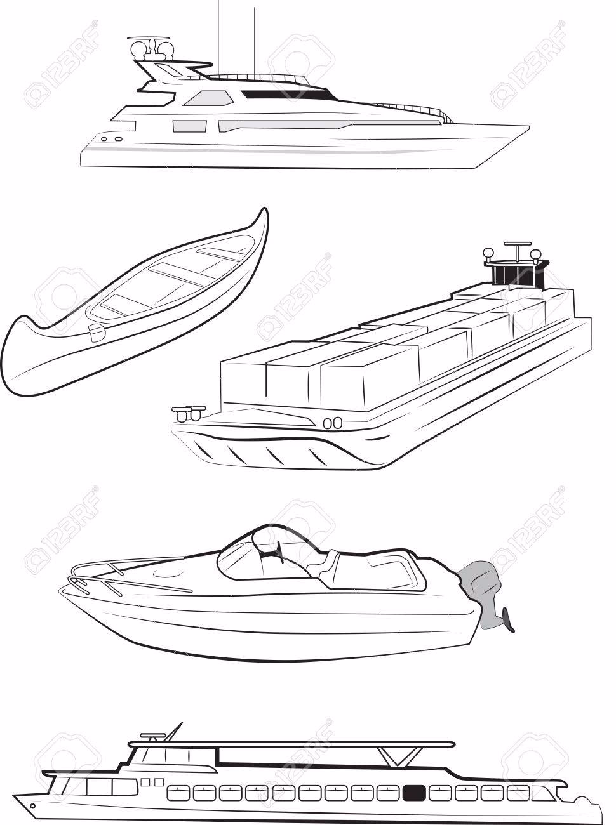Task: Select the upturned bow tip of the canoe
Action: pyautogui.click(x=264, y=211)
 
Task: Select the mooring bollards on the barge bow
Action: pyautogui.click(x=189, y=412)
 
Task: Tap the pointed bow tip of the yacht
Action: pyautogui.click(x=529, y=128)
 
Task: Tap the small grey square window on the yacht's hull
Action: pyautogui.click(x=189, y=126)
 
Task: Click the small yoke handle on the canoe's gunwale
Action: pyautogui.click(x=97, y=331)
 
